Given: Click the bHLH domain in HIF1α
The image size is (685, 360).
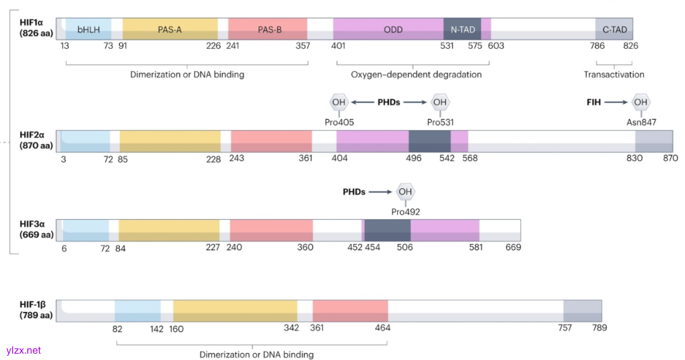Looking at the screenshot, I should click(89, 29).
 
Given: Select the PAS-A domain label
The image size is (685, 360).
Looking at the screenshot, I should click(170, 29).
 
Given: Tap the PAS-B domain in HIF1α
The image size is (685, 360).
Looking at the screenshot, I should click(270, 29).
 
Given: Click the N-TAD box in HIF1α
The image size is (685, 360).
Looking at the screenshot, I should click(462, 29).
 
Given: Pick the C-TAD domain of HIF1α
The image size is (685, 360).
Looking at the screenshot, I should click(614, 29).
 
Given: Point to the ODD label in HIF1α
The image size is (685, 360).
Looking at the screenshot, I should click(393, 29).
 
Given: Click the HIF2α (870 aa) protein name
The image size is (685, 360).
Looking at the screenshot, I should click(36, 140).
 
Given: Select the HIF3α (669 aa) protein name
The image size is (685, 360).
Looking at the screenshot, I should click(36, 229).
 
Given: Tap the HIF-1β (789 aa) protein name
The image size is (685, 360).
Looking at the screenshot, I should click(36, 310).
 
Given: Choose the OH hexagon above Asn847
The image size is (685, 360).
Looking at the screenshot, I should click(641, 101).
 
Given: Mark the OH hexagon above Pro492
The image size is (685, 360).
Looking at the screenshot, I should click(405, 191).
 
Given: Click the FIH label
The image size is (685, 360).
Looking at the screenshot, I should click(594, 101).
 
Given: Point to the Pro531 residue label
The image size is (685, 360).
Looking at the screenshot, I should click(440, 122).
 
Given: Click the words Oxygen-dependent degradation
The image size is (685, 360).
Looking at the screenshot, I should click(416, 75).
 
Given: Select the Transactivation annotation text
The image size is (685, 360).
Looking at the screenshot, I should click(614, 75).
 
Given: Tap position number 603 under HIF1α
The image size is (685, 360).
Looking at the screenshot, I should click(496, 46).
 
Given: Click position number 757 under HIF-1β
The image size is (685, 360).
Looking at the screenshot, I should click(564, 328).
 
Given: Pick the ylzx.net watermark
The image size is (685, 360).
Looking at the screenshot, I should click(23, 350).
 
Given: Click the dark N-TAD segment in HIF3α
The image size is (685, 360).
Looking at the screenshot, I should click(388, 229).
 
